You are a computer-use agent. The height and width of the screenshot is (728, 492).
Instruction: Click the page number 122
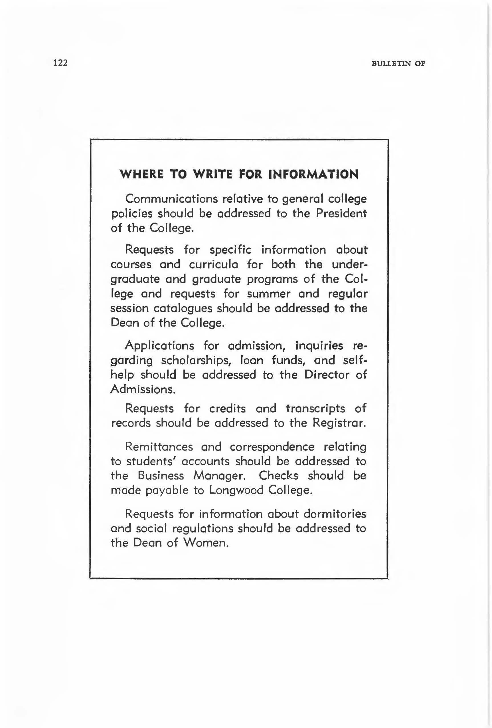61,63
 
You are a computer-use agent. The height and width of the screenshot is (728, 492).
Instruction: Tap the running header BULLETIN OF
398,64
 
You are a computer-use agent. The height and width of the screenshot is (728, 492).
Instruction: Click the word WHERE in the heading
141,174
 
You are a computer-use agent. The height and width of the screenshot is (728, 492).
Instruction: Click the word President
341,213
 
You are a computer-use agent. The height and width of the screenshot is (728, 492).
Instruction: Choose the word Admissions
142,389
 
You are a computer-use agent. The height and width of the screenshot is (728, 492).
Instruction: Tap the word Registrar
339,423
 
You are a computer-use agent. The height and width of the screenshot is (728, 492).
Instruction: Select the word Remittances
159,447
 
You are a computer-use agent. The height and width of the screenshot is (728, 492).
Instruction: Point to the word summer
269,294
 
